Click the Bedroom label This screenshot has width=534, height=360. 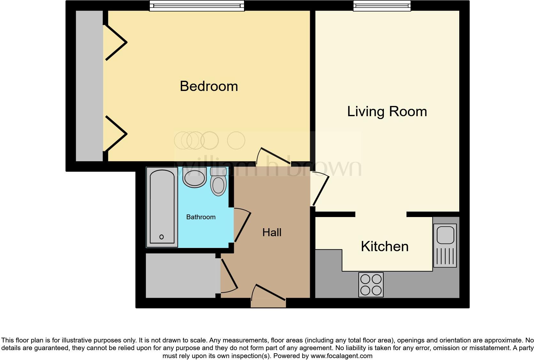(209, 86)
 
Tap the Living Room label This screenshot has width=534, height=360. (387, 112)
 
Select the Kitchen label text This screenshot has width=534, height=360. (385, 247)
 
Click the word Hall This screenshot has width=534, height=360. (272, 232)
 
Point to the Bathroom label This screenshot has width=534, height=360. (201, 217)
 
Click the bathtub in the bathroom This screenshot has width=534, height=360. (162, 207)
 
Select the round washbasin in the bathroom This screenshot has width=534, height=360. (194, 178)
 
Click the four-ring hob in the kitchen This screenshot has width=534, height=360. (371, 285)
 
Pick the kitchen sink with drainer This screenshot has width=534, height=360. (445, 245)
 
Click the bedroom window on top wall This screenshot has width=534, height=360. (197, 6)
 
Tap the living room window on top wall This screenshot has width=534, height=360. (382, 6)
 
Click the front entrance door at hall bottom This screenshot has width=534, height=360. (268, 297)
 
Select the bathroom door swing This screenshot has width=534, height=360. (242, 225)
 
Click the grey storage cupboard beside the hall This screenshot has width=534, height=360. (180, 275)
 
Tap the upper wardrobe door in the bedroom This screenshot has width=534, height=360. (116, 42)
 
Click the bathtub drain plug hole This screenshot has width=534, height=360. (162, 237)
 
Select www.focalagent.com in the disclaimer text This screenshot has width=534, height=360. (341, 356)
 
